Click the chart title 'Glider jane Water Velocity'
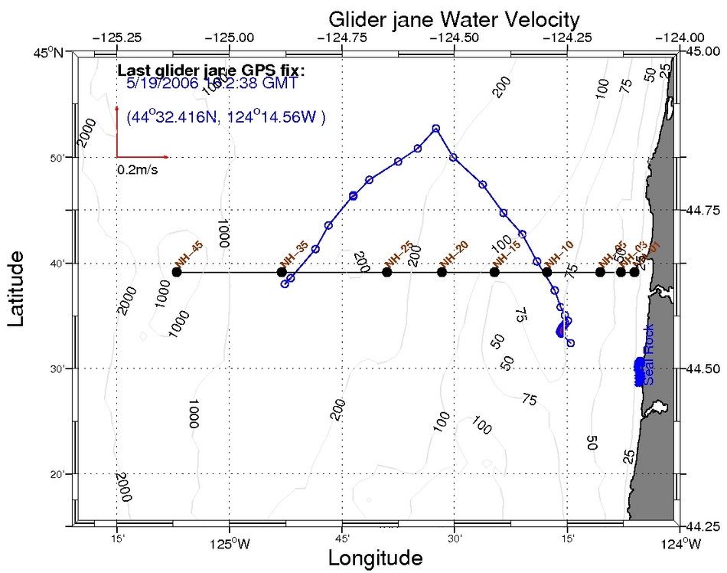[454, 18]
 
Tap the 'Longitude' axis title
[375, 558]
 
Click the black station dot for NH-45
[177, 272]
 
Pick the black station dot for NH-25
[386, 272]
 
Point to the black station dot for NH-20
[442, 272]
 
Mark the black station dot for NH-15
[494, 272]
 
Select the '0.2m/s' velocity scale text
[137, 169]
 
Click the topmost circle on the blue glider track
[436, 129]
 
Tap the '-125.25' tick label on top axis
[116, 37]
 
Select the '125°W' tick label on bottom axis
[229, 545]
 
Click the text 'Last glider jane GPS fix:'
[211, 70]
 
